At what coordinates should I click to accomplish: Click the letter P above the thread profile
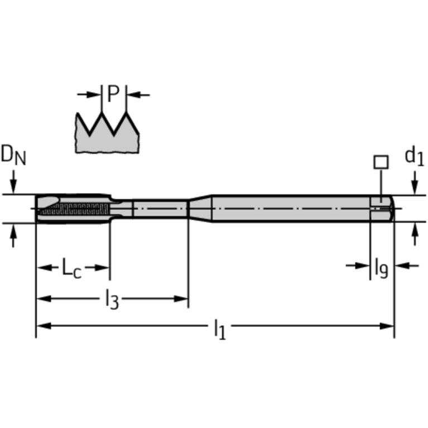[113, 95]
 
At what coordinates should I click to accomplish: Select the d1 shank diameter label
[414, 157]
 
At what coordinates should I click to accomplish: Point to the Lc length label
[71, 268]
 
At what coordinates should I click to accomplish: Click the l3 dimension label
[112, 300]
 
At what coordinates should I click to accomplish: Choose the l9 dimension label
[381, 267]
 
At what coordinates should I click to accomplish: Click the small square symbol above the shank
[381, 162]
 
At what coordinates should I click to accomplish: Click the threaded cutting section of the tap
[73, 210]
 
